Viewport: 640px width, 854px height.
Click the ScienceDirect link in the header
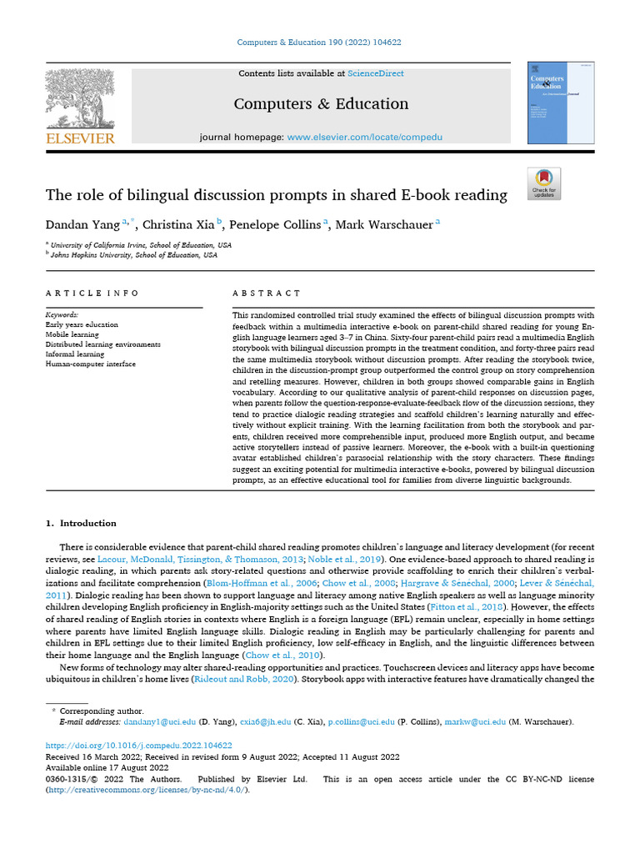(376, 73)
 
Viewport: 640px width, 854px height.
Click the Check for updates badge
(544, 183)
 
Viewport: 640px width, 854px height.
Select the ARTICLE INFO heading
(92, 293)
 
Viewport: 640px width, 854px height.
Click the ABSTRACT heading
(267, 293)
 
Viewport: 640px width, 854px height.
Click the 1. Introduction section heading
(80, 523)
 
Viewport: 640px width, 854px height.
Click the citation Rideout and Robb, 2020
(245, 681)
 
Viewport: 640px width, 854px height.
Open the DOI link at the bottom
(137, 746)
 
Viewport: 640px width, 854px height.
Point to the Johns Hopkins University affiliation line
(133, 255)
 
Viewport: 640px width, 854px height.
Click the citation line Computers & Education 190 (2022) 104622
(320, 42)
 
